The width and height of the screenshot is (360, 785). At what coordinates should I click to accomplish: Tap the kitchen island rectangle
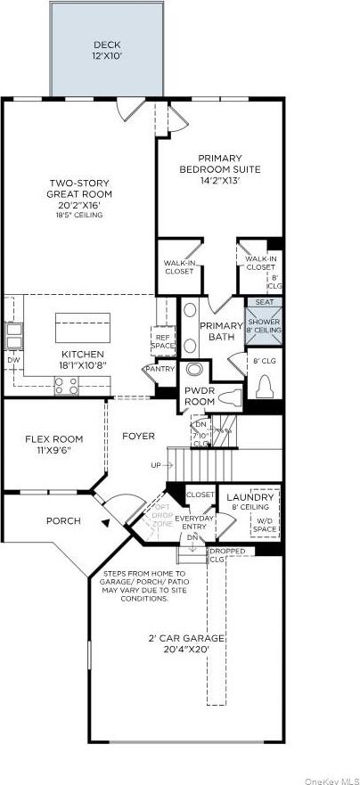[x=83, y=326]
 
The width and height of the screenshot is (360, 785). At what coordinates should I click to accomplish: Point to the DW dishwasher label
[x=12, y=360]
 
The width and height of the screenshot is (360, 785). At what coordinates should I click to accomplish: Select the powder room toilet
[x=231, y=397]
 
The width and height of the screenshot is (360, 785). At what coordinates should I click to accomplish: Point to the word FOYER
[x=138, y=436]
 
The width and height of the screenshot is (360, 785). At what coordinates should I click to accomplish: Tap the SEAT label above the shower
[x=263, y=302]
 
